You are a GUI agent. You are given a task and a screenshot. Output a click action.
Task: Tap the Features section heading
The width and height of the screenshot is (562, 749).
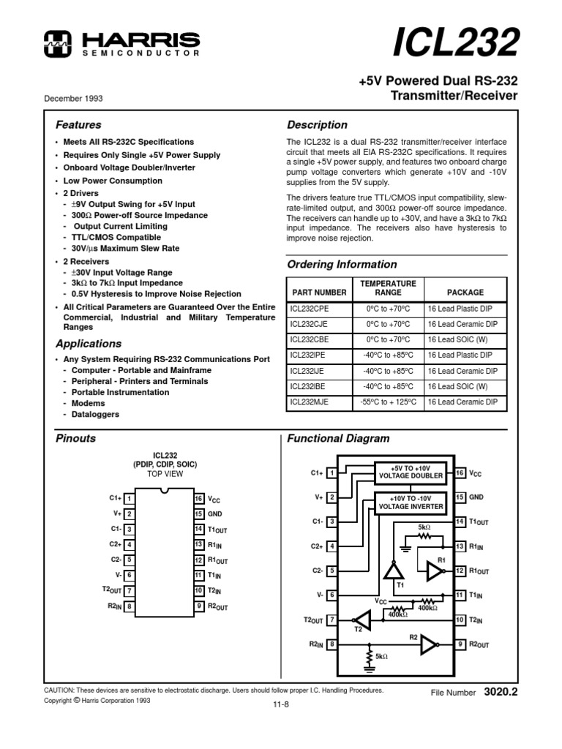tap(79, 125)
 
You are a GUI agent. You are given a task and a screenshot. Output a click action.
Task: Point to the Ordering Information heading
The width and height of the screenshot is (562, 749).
tap(342, 265)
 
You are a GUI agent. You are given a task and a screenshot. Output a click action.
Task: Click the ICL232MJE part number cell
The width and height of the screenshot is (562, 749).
tap(310, 402)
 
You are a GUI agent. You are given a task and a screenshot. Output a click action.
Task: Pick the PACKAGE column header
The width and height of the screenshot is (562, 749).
tap(465, 292)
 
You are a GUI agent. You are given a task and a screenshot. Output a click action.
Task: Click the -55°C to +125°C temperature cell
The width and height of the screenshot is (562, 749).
tap(388, 402)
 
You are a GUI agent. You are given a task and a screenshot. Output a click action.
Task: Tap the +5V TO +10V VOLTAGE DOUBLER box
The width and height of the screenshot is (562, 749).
tap(411, 472)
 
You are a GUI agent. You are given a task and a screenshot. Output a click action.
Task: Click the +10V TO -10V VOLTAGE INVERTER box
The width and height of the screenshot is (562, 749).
tap(411, 502)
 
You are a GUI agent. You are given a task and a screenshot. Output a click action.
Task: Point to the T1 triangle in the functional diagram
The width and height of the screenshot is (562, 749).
tap(394, 571)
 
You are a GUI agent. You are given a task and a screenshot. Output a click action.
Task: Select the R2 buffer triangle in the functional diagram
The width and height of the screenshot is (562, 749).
tap(430, 644)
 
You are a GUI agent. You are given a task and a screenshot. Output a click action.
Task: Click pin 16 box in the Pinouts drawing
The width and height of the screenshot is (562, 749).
tap(198, 499)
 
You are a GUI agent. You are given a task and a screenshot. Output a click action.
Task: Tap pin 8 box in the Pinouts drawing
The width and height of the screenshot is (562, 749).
tap(130, 606)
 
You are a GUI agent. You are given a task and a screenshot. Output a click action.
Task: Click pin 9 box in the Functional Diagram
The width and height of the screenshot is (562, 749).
tap(460, 644)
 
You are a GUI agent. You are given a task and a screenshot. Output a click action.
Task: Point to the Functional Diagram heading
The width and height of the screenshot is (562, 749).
tap(338, 439)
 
